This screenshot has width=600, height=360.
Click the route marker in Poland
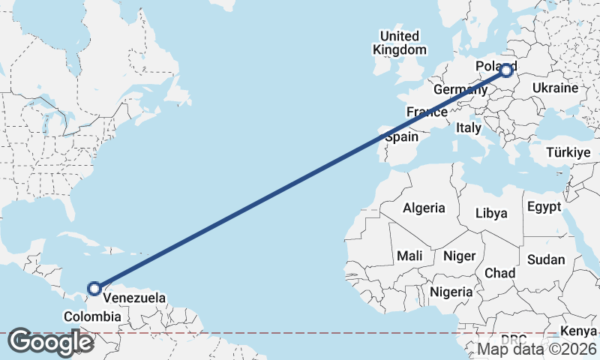[x=507, y=70]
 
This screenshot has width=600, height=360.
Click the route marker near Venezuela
[x=94, y=288]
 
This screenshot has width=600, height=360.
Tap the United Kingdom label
[x=400, y=43]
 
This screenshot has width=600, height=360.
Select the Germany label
[x=460, y=89]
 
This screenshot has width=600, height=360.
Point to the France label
[x=427, y=112]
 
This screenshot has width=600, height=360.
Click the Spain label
[x=401, y=137]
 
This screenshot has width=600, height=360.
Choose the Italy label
[x=468, y=128]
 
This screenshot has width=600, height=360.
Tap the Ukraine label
[x=555, y=88]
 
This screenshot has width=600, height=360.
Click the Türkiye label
[x=568, y=152]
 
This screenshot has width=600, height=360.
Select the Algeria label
[x=424, y=208]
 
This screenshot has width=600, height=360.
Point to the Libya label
[x=491, y=213]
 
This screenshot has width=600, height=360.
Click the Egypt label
[x=544, y=206]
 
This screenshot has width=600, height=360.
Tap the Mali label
[x=409, y=256]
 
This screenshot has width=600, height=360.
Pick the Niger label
[x=459, y=256]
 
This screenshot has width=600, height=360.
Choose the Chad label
[x=499, y=273]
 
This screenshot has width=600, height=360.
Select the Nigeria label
[x=451, y=292]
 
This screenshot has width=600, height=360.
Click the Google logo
[x=50, y=342]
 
